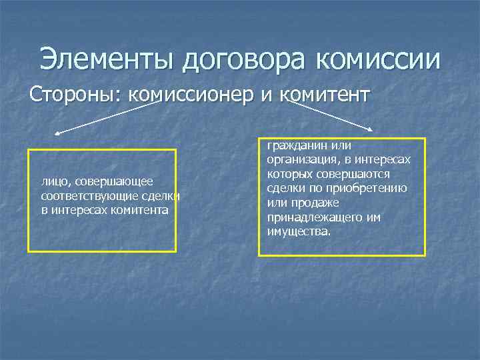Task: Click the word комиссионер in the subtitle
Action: tap(193, 95)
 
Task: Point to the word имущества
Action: tap(298, 231)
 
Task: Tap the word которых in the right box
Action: tap(287, 174)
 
